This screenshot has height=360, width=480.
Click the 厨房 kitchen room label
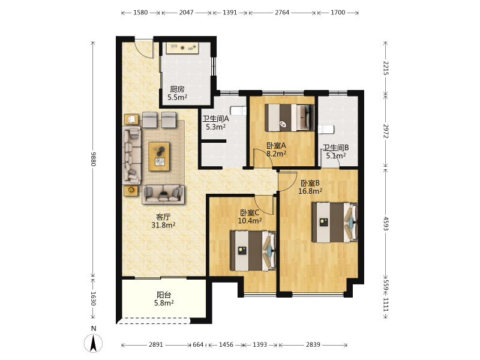click(177, 89)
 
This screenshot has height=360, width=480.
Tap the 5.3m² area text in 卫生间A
click(215, 127)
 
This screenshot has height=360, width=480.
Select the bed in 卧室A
click(289, 118)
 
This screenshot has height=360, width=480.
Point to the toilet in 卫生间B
click(326, 130)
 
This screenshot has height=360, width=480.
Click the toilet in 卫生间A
click(238, 111)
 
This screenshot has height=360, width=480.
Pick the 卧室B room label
click(310, 183)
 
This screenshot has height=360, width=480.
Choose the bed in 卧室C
click(253, 251)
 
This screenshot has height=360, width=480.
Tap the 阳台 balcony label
click(164, 295)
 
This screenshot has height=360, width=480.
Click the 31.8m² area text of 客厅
click(163, 225)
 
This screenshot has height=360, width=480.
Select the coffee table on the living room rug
click(159, 156)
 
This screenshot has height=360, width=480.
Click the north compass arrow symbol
click(94, 343)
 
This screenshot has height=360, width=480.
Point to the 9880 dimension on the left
click(93, 159)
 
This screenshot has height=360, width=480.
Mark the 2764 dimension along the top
click(282, 13)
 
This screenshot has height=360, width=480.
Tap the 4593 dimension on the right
click(386, 224)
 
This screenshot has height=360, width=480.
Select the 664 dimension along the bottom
click(198, 344)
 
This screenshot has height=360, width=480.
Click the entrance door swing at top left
click(144, 49)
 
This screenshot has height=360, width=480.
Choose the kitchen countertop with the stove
click(182, 48)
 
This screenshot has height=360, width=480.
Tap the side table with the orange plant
click(131, 190)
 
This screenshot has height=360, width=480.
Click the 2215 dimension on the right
click(386, 68)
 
